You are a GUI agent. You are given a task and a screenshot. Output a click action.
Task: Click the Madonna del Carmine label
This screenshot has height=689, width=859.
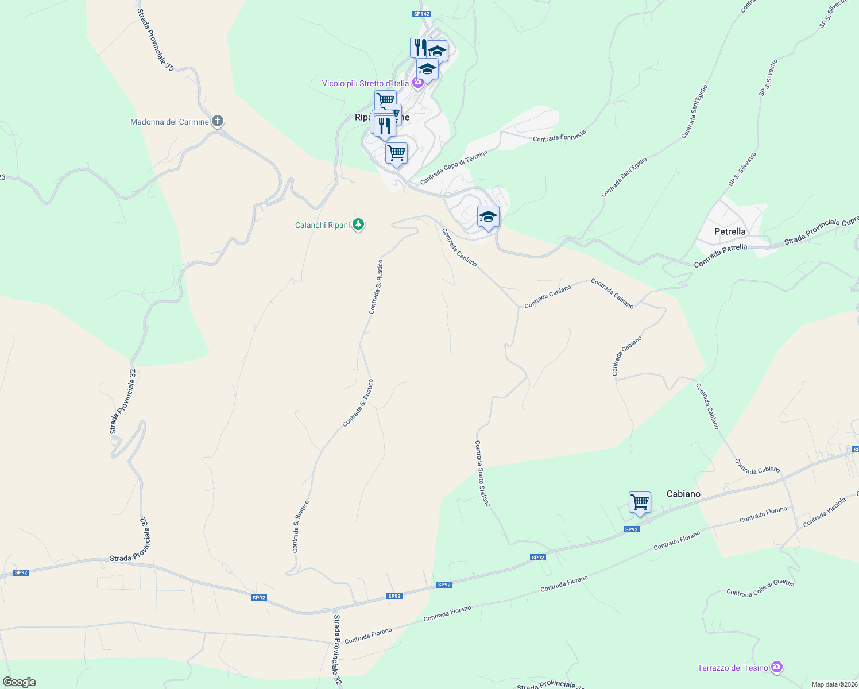(x=169, y=122)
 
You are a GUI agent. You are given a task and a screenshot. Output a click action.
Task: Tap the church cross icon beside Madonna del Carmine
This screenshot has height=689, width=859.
(x=217, y=121)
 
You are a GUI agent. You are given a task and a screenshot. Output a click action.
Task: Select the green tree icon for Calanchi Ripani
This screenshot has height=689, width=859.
(x=358, y=224)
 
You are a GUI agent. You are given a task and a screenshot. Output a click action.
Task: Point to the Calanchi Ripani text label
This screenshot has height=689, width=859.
(x=322, y=225)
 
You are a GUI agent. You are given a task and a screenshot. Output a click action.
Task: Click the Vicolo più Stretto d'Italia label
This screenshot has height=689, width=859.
(x=365, y=84)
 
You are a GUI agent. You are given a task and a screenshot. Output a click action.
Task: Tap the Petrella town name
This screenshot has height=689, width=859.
(x=730, y=231)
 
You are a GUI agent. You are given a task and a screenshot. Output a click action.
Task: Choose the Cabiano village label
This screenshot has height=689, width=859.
(x=683, y=494)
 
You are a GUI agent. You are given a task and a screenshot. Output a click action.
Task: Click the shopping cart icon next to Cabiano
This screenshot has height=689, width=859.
(x=639, y=502)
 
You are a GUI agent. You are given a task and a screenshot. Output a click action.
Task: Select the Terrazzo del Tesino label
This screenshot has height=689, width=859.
(x=733, y=668)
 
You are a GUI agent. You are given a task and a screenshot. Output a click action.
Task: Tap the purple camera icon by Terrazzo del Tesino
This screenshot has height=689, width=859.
(x=777, y=667)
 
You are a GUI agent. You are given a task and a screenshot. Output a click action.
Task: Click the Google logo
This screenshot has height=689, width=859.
(x=19, y=682)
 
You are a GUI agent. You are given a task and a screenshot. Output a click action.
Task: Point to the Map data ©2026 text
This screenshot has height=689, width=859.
(x=833, y=684)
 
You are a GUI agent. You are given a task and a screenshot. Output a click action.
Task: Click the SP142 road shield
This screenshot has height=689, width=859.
(x=421, y=14)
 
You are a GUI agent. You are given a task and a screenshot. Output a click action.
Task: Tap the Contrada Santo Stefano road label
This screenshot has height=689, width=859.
(x=482, y=473)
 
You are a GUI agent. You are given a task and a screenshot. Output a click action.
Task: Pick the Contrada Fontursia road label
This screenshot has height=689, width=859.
(x=559, y=136)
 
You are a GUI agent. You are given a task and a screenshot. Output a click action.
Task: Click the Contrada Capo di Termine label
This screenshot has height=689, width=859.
(x=454, y=168)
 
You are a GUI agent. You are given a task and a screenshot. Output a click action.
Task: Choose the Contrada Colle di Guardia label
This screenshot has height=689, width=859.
(x=760, y=589)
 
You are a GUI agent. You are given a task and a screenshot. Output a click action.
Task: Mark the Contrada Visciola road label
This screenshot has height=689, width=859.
(x=825, y=512)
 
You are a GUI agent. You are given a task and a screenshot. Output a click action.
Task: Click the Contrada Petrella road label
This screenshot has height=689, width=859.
(x=721, y=256)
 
